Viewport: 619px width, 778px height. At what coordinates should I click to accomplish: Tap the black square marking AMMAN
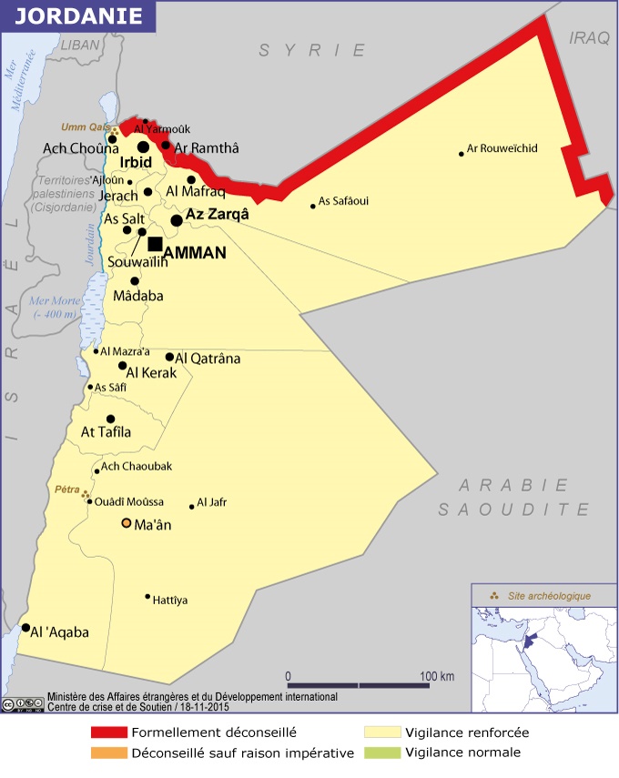(155, 243)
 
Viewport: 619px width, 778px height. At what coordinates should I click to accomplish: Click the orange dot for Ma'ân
(127, 523)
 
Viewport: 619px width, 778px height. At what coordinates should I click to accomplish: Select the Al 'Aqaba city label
(59, 632)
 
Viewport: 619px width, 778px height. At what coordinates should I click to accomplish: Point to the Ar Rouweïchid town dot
(462, 154)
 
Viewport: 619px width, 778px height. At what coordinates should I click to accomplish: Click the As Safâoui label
(343, 201)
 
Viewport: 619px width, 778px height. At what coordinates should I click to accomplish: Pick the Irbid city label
(137, 163)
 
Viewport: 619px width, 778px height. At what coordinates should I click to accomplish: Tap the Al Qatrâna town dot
(169, 357)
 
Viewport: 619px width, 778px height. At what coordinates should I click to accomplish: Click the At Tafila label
(107, 432)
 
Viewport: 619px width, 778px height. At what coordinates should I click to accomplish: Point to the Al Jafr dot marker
(191, 507)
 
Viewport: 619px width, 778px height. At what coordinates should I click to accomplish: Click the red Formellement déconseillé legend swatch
(108, 733)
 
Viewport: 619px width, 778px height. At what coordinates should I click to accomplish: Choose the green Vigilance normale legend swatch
(381, 753)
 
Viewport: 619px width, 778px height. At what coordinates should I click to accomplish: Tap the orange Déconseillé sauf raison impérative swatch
(108, 753)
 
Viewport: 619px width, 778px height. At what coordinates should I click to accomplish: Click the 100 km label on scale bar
(437, 676)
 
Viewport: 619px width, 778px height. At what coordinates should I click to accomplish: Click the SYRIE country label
(312, 51)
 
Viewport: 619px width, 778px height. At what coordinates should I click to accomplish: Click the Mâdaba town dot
(135, 281)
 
